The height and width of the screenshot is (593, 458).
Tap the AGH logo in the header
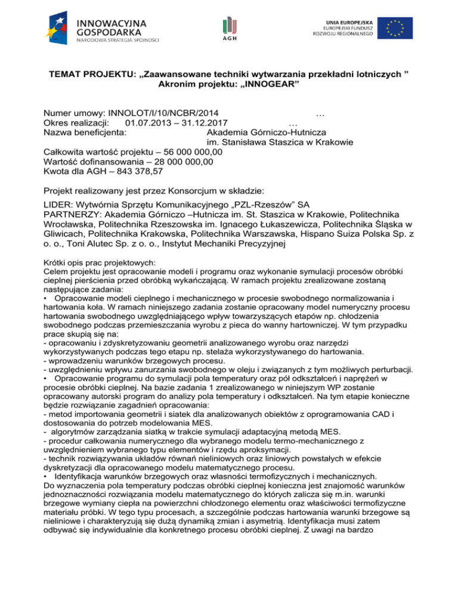(230, 27)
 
